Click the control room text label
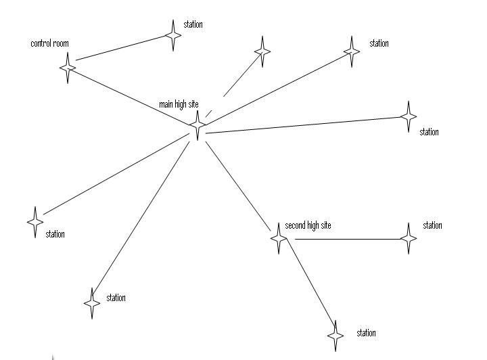(49, 44)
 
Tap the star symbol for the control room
(68, 68)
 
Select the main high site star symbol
(198, 125)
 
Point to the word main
(166, 105)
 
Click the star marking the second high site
(278, 238)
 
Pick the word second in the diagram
(296, 225)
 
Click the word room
(60, 44)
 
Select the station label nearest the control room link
(193, 25)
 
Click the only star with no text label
(262, 51)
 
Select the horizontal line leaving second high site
(345, 239)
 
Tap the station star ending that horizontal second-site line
(409, 238)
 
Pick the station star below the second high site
(335, 336)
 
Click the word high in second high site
(315, 225)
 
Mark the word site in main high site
(192, 105)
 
